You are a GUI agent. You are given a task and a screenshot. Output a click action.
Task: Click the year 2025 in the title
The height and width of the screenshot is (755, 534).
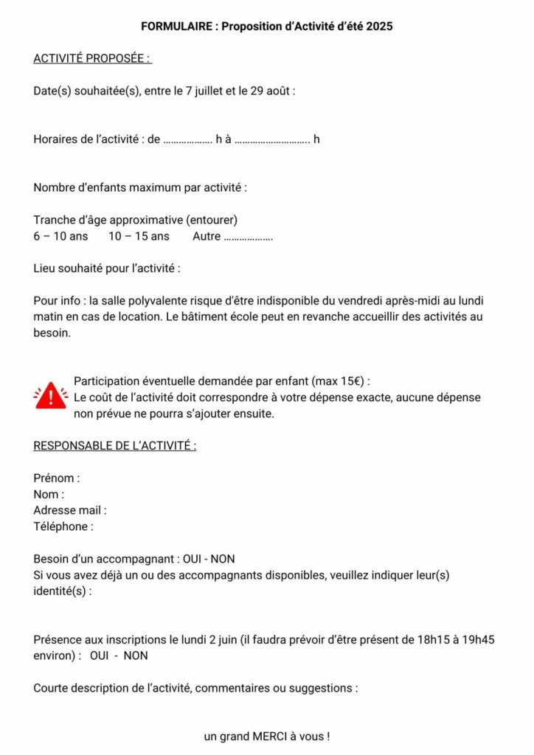click(378, 27)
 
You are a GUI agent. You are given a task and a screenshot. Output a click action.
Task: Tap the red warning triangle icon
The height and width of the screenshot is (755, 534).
click(50, 397)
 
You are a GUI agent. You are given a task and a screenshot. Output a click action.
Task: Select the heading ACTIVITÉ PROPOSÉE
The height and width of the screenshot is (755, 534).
click(92, 58)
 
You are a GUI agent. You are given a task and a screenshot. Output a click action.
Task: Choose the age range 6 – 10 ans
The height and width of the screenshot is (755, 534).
click(60, 237)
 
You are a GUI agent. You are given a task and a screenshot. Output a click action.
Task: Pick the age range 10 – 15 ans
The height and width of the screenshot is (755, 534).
click(139, 237)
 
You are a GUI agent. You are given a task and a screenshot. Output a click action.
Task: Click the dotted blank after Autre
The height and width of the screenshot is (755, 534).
click(248, 237)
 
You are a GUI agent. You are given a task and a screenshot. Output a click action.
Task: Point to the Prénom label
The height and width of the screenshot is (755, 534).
click(56, 479)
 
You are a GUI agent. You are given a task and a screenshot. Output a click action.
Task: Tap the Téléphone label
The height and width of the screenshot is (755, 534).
click(63, 526)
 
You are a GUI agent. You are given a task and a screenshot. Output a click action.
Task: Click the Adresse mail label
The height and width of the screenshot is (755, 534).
click(69, 510)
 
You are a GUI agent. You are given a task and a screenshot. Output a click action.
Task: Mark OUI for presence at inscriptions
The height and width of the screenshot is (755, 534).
click(100, 655)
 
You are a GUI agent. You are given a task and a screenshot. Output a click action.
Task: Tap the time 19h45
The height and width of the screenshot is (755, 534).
click(479, 639)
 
